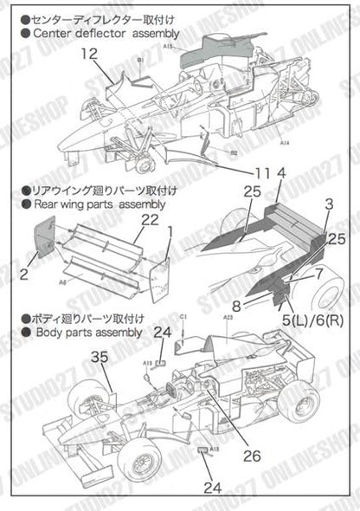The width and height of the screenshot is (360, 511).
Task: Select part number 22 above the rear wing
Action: pos(151,221)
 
